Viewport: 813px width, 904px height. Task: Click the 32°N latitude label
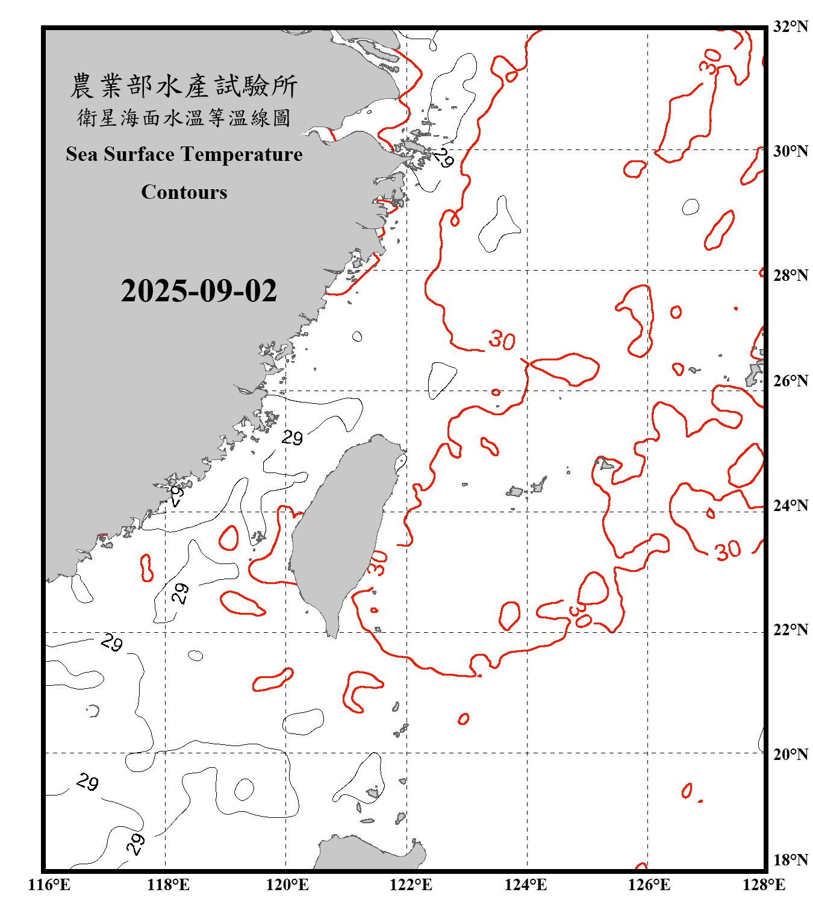point(790,27)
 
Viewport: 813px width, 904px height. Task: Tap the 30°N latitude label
point(790,151)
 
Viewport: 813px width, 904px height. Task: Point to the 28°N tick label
point(790,275)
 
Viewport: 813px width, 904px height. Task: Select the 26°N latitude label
point(790,381)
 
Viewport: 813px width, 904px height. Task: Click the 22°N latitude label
point(790,630)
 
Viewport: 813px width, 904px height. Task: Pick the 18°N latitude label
point(790,860)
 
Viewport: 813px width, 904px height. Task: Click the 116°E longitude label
point(49,885)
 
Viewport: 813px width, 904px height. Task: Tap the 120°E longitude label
point(288,885)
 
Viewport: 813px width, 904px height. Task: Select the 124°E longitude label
point(526,885)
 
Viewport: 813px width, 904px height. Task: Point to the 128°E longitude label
point(764,885)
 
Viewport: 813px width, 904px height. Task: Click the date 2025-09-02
point(199,291)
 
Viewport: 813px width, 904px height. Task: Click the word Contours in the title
point(184,192)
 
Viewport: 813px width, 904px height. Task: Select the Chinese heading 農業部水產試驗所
point(184,86)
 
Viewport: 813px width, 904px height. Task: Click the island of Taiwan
point(340,530)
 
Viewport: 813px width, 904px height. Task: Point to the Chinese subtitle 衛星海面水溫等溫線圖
point(184,118)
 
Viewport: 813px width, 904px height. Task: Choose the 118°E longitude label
point(168,885)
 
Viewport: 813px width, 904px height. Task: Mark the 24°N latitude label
point(790,506)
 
